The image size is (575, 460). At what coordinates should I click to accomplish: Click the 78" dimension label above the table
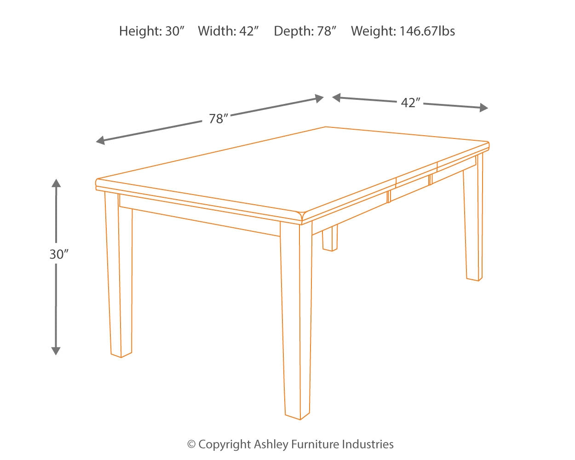pos(218,119)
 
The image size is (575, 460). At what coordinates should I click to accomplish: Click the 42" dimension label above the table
pos(410,103)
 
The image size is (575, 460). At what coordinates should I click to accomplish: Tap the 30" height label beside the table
pos(59,254)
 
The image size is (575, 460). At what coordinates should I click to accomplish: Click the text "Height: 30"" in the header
pos(151,31)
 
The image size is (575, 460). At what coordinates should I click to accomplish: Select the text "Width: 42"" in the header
pos(228,31)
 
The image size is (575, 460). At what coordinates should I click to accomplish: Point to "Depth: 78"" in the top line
pos(305,31)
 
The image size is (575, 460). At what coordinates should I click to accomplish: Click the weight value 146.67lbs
pos(427,31)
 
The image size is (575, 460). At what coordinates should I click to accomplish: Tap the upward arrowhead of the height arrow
pos(56,183)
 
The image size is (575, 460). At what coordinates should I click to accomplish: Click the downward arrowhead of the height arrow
pos(56,351)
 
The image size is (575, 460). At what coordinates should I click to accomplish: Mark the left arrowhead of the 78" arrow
pos(100,140)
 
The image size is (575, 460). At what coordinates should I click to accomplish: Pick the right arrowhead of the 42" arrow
pos(483,108)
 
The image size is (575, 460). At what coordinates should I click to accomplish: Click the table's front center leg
pos(296,322)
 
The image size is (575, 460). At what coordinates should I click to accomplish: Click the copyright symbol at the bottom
pos(191,444)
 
